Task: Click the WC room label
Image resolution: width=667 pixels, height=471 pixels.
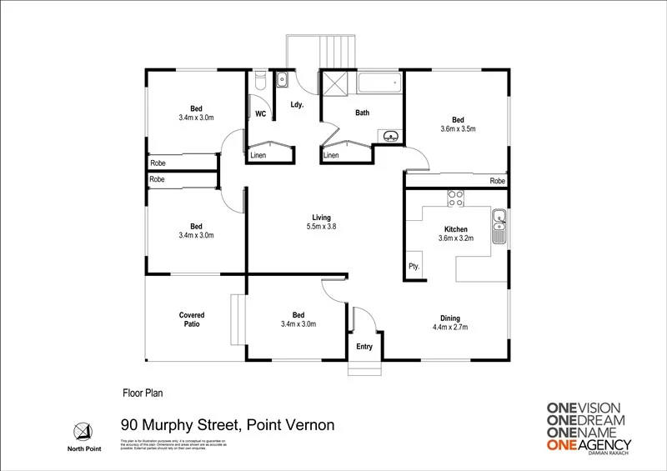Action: pos(259,113)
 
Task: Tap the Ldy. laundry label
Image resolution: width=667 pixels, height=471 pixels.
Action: pos(296,105)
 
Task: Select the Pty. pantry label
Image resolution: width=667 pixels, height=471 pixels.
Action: pos(414,267)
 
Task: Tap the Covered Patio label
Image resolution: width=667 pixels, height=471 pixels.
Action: pos(192,320)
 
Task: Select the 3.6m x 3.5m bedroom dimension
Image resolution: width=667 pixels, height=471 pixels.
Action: pos(458,128)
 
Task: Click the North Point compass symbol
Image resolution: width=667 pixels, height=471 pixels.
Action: pos(82,430)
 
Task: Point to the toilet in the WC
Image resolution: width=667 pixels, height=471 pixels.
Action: pos(260,82)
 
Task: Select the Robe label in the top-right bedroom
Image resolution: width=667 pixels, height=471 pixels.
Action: pos(498,180)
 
